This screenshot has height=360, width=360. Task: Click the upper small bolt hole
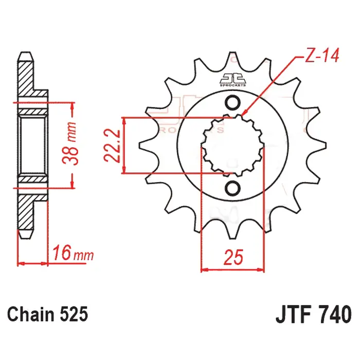point(232,103)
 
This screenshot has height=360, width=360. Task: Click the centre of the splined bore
point(232,145)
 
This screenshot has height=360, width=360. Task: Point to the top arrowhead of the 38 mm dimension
point(73,104)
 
